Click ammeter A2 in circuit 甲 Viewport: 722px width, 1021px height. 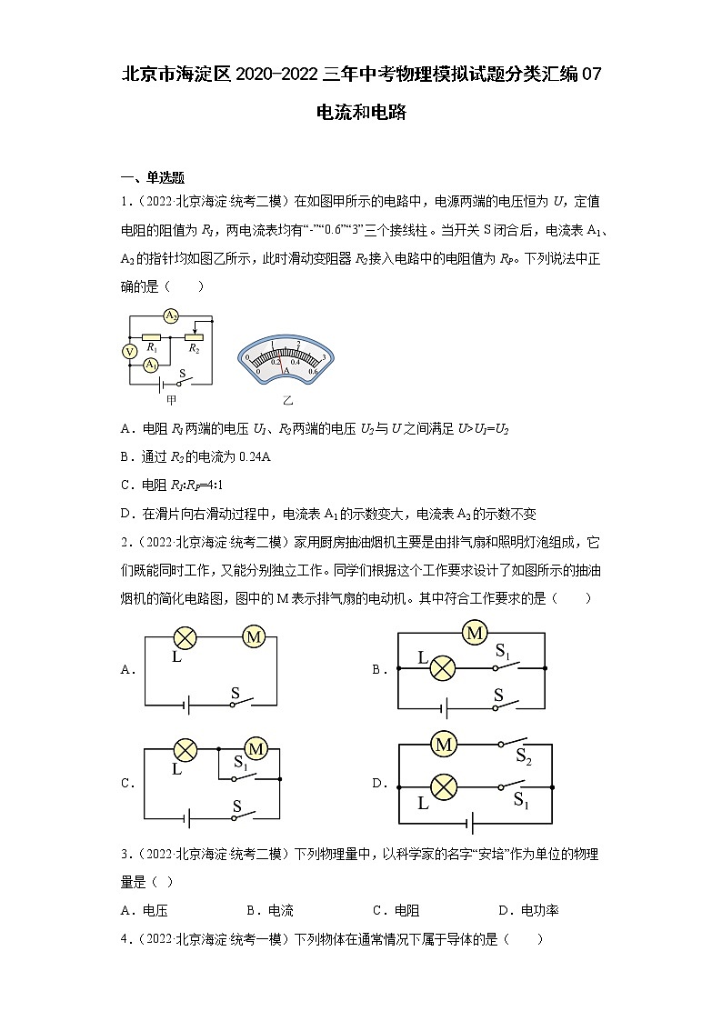169,315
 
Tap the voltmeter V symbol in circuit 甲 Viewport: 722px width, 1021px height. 130,351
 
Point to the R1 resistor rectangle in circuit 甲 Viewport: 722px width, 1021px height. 152,336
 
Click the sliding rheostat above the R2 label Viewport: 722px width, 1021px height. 193,336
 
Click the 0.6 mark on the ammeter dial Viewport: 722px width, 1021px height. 312,370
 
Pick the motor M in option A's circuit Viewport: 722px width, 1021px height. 253,637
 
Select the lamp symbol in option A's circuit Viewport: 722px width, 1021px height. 186,637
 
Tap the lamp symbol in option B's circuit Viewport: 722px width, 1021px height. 443,668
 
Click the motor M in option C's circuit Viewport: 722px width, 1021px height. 256,749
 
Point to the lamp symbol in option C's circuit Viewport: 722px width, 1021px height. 186,749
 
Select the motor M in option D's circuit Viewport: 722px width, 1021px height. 444,745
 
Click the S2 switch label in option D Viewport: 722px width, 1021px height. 523,756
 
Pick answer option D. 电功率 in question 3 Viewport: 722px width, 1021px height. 527,910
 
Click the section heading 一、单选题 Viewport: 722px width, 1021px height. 152,177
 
